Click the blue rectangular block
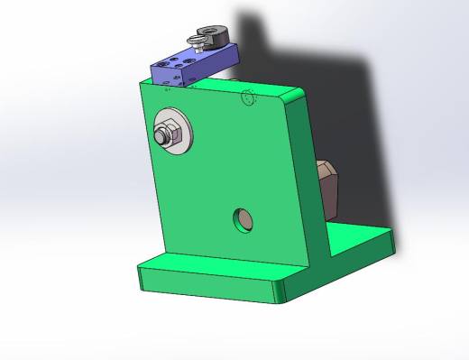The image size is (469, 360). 189,69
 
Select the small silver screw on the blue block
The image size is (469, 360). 194,41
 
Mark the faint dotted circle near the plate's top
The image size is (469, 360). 249,99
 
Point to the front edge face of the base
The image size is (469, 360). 207,283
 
